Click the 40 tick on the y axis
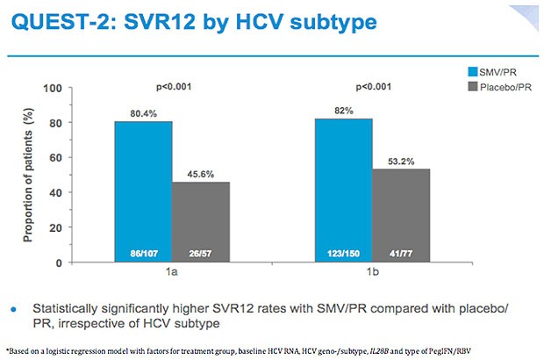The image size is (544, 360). click(77, 192)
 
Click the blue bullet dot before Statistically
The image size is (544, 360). click(14, 310)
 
